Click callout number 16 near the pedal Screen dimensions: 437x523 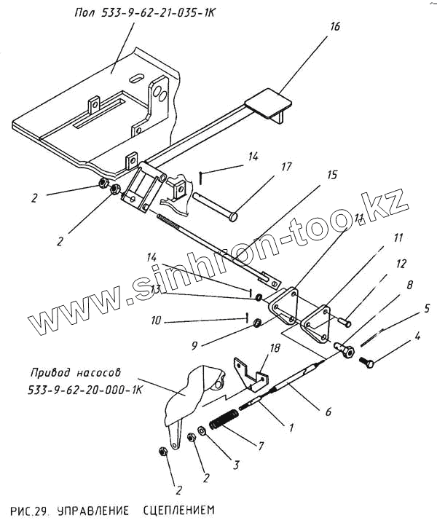334,26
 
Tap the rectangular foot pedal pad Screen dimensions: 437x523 268,103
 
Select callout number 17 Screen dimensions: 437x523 286,167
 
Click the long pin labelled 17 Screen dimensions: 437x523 215,206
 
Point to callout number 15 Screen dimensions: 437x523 332,175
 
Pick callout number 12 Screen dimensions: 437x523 401,264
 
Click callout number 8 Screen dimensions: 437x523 409,285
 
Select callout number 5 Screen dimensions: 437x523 427,309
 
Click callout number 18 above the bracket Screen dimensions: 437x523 275,348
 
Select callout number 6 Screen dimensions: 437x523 328,412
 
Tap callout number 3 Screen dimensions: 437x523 236,465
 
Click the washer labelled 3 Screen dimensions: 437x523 202,431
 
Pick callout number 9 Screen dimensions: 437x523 194,345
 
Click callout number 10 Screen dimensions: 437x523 156,321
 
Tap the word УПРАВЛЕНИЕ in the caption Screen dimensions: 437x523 93,511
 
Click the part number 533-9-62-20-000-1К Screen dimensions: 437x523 85,390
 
